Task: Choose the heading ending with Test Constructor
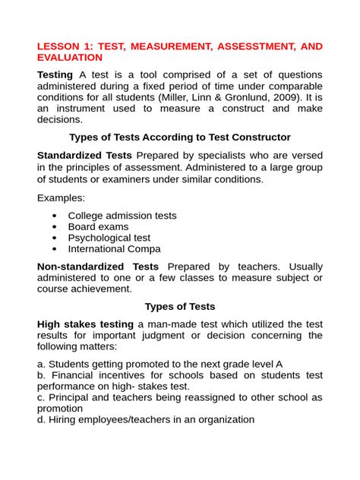(x=180, y=137)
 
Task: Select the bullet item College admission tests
(x=122, y=216)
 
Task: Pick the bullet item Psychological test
(x=109, y=238)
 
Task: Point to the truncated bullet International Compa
(x=114, y=249)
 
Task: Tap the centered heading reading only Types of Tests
(x=180, y=307)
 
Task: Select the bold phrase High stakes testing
(x=85, y=324)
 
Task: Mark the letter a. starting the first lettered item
(x=42, y=364)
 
